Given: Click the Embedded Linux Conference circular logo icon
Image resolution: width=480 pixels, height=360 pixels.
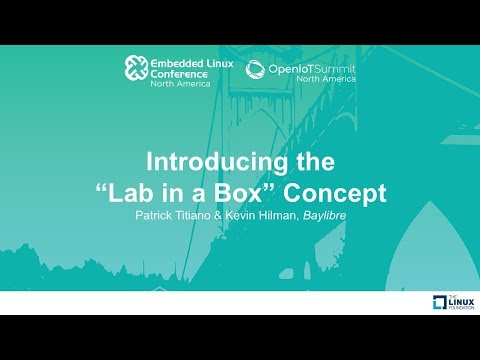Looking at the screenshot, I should [136, 68].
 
